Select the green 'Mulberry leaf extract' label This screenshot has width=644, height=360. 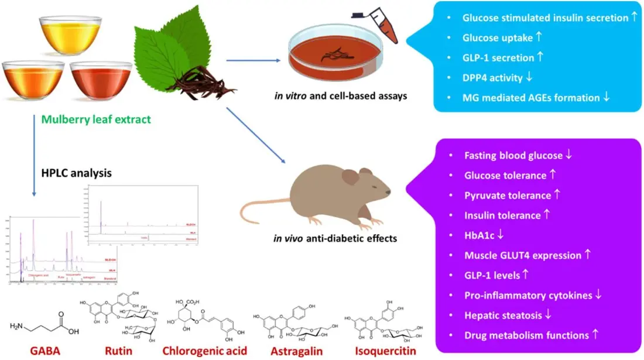pos(96,120)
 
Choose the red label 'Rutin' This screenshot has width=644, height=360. pos(118,351)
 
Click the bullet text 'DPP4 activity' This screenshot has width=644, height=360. pos(497,77)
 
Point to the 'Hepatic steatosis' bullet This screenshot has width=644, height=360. pos(503,315)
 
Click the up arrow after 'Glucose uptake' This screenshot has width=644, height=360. pos(539,37)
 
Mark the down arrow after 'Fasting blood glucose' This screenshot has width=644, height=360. pos(568,156)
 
